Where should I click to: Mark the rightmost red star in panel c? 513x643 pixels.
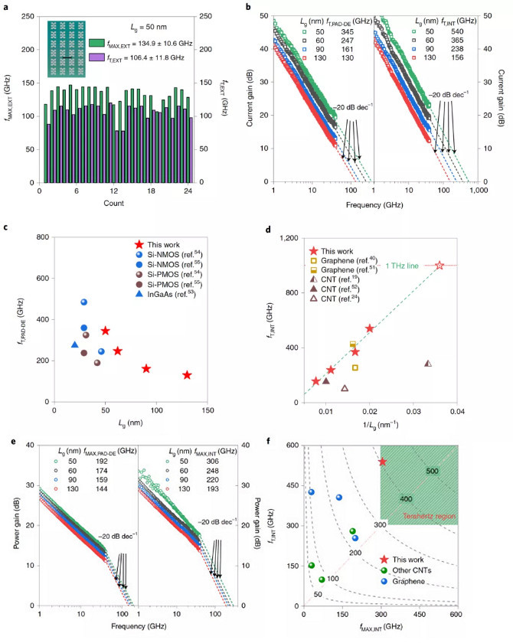coord(187,374)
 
